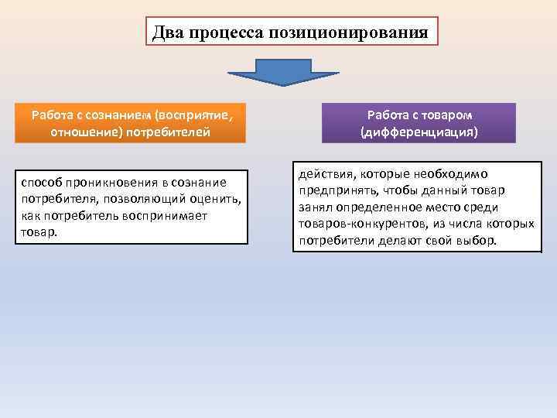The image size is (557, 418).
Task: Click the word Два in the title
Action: pyautogui.click(x=166, y=32)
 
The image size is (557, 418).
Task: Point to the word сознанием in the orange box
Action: pyautogui.click(x=121, y=115)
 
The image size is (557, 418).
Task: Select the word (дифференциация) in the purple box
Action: pyautogui.click(x=419, y=132)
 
